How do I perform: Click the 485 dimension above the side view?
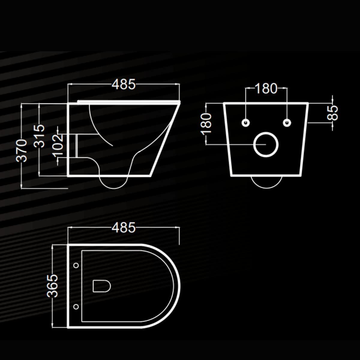[124, 84]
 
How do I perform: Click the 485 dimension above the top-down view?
[124, 227]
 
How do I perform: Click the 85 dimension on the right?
[332, 113]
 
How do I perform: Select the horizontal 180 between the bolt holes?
[266, 88]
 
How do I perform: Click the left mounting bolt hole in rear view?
[246, 123]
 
